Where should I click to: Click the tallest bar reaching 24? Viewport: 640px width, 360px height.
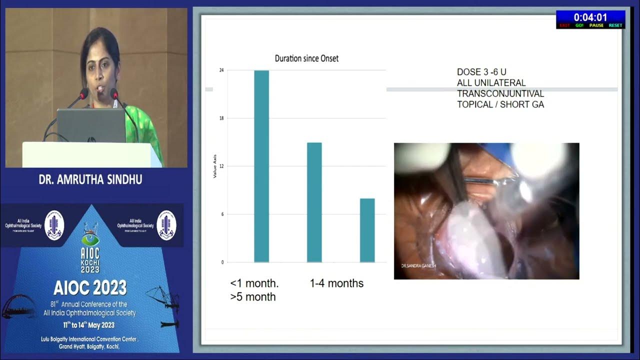261,166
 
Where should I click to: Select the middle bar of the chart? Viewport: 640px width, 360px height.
314,202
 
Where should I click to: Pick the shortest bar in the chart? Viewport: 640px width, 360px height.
367,230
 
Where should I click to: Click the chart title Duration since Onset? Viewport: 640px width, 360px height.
306,58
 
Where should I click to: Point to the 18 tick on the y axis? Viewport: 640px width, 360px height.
221,118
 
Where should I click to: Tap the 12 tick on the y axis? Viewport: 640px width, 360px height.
221,166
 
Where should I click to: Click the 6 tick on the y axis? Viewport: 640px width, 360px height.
221,214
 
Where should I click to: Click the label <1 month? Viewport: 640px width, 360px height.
254,283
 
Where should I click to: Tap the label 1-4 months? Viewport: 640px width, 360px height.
336,283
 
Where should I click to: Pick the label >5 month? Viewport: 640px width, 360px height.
253,297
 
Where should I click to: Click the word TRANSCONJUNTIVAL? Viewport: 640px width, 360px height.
500,93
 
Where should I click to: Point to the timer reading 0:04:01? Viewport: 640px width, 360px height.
590,17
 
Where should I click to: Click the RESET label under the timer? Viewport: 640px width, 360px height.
615,25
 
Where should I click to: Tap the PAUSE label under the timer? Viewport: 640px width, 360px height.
596,25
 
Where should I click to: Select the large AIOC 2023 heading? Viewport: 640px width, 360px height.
90,287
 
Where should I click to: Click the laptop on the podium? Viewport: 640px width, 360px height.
91,125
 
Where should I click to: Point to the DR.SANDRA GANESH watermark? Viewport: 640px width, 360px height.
415,266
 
